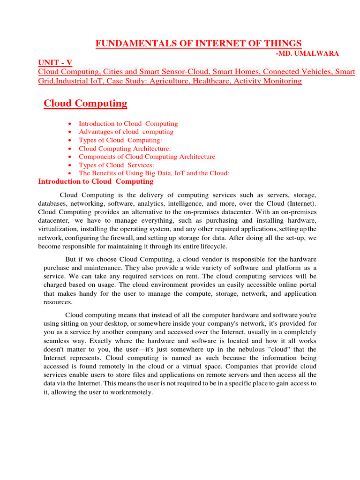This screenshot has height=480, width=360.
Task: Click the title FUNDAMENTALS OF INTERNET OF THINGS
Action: pos(198,44)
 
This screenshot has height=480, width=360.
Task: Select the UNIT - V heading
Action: pos(55,63)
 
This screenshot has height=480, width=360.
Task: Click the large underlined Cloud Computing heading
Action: pos(85,103)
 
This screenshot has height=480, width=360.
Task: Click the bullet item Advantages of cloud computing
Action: pos(126,132)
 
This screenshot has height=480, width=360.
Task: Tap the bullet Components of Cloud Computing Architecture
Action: pos(147,157)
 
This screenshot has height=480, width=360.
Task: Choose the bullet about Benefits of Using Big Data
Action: pos(154,173)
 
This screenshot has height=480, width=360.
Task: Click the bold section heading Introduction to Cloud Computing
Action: pos(89,181)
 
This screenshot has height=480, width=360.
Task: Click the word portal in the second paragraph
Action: pos(307,285)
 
